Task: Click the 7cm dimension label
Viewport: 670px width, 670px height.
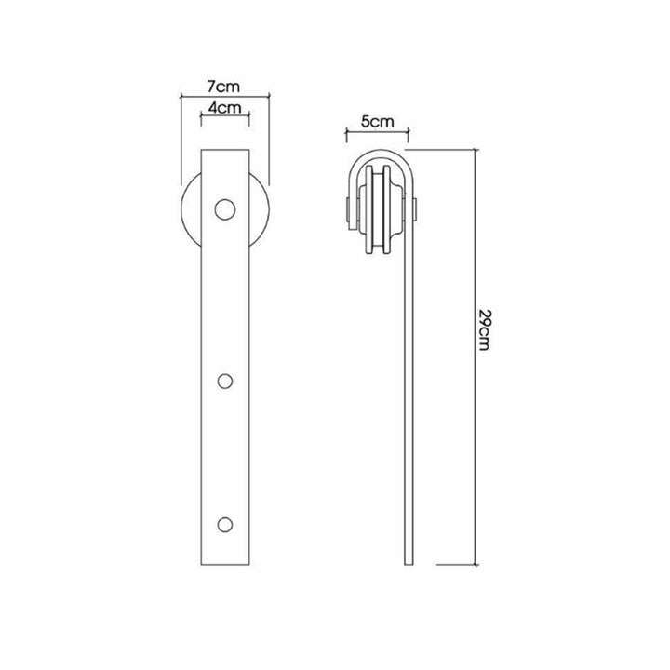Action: click(x=223, y=87)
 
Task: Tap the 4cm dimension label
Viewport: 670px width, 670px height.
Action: click(x=225, y=107)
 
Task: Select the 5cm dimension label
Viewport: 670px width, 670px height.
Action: click(x=377, y=122)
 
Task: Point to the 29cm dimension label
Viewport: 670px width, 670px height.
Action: click(x=484, y=329)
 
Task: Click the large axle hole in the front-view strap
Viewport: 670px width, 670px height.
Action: click(x=225, y=209)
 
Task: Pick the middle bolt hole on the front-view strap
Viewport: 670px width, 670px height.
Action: click(x=225, y=382)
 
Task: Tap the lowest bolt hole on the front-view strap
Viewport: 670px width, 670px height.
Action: click(x=225, y=525)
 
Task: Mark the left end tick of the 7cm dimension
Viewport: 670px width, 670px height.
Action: click(x=181, y=97)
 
